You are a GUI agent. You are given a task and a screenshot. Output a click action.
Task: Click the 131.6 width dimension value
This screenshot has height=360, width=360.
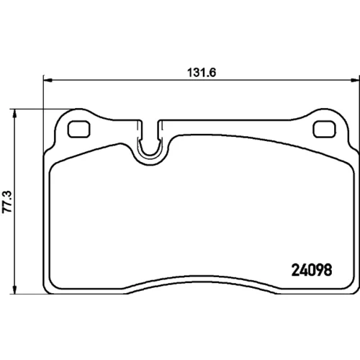[202, 73]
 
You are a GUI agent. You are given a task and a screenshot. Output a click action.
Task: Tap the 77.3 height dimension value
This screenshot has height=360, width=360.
[7, 202]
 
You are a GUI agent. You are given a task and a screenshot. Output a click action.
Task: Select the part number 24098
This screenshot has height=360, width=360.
[312, 270]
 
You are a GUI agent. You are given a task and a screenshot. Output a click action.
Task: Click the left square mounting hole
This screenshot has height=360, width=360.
[79, 129]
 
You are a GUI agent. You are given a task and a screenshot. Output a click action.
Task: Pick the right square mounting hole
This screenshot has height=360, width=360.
[324, 129]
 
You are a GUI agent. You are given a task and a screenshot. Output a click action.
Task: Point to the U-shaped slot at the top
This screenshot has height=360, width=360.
[149, 153]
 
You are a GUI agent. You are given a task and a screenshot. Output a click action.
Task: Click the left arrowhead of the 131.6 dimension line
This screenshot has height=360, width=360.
[48, 80]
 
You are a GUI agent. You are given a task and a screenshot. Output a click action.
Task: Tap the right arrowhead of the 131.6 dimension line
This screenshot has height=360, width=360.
[356, 80]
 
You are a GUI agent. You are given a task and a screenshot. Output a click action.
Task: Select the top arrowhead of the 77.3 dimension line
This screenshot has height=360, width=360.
[15, 114]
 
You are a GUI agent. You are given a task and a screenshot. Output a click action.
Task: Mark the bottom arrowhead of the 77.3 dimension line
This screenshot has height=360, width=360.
[15, 290]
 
